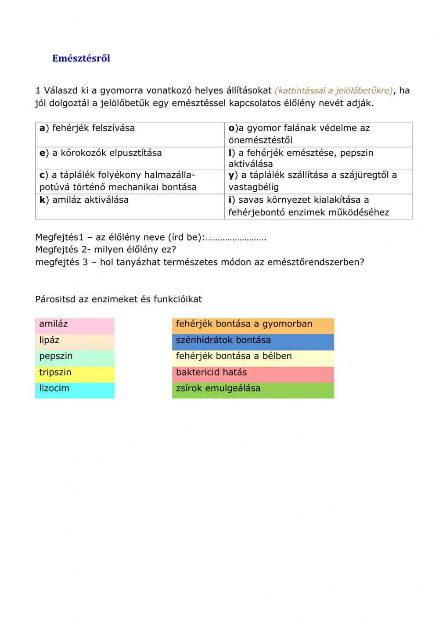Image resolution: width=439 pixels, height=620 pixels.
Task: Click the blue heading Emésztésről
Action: [81, 58]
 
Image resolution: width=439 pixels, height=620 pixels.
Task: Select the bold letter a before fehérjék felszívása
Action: [42, 128]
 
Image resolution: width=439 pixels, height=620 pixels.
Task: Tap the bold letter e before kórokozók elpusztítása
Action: [42, 153]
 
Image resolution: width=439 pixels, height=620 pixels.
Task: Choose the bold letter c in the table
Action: [42, 175]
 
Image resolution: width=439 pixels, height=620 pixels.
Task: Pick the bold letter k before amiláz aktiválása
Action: [42, 200]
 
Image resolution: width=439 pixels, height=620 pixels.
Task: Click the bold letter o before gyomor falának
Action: [231, 128]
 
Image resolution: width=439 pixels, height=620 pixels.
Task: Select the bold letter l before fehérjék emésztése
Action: [230, 153]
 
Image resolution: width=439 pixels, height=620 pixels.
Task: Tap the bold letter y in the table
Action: [231, 176]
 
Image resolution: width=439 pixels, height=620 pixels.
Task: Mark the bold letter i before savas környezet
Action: [230, 200]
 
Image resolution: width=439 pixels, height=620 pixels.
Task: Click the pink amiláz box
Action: [75, 326]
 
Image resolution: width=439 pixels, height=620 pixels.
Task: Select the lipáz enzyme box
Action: [75, 341]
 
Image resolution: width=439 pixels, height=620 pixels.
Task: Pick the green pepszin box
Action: [75, 358]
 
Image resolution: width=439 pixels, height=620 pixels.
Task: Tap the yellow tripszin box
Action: [75, 374]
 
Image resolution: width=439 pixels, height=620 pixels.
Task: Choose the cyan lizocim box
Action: [75, 390]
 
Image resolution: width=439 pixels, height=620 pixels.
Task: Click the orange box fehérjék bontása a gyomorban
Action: [253, 326]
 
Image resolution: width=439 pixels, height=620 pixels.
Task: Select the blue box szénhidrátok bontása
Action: [253, 341]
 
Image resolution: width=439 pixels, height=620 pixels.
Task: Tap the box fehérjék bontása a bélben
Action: [253, 358]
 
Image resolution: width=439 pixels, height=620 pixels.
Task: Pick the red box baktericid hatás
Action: [253, 374]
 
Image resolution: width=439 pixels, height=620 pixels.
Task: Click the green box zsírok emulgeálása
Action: [253, 390]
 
